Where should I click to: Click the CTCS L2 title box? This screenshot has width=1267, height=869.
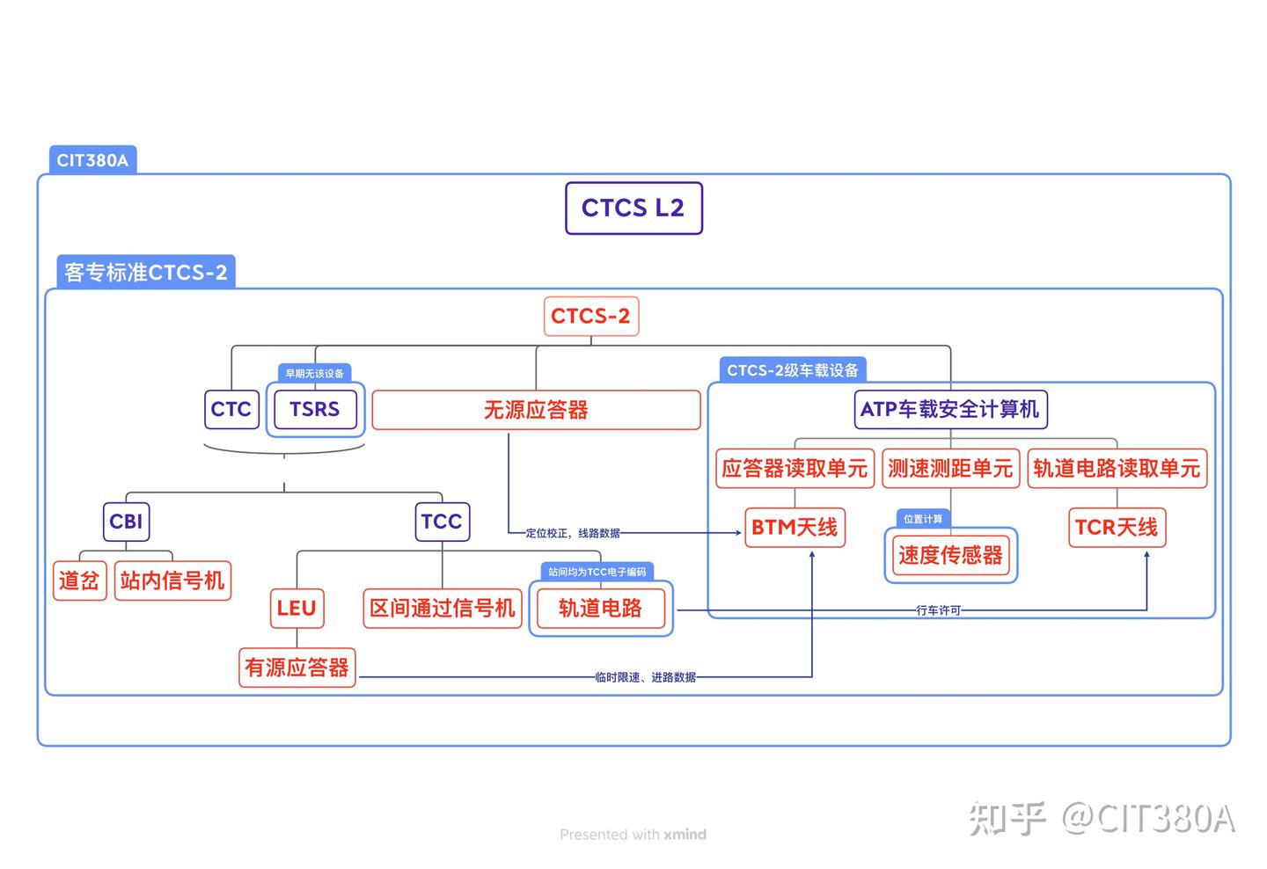click(x=633, y=208)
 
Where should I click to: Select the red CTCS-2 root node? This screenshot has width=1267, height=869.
click(x=590, y=317)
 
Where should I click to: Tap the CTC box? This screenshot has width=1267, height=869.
click(x=231, y=409)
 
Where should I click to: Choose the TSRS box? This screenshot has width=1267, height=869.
click(x=314, y=409)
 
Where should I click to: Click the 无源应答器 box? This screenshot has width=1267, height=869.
click(x=536, y=410)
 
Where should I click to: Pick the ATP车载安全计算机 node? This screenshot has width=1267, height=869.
click(x=949, y=410)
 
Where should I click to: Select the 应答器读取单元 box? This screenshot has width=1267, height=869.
click(x=795, y=468)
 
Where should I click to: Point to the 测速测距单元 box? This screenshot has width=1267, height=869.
click(x=950, y=468)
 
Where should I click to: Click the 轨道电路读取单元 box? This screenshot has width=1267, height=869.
click(x=1117, y=468)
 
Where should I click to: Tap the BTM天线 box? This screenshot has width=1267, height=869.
click(x=795, y=528)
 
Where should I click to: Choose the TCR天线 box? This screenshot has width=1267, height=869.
click(x=1117, y=528)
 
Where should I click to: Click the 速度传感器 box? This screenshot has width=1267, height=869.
click(x=950, y=555)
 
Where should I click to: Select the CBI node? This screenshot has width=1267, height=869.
click(x=126, y=522)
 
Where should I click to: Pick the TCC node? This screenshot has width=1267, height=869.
click(x=442, y=522)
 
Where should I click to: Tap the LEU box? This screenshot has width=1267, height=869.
click(x=297, y=609)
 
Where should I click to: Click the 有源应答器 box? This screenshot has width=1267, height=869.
click(x=297, y=668)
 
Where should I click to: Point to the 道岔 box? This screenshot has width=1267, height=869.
click(x=79, y=581)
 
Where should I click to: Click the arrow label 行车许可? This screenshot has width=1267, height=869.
click(x=938, y=610)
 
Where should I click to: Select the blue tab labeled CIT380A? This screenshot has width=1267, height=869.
click(x=92, y=160)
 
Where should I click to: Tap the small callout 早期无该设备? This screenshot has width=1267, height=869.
click(x=314, y=373)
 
